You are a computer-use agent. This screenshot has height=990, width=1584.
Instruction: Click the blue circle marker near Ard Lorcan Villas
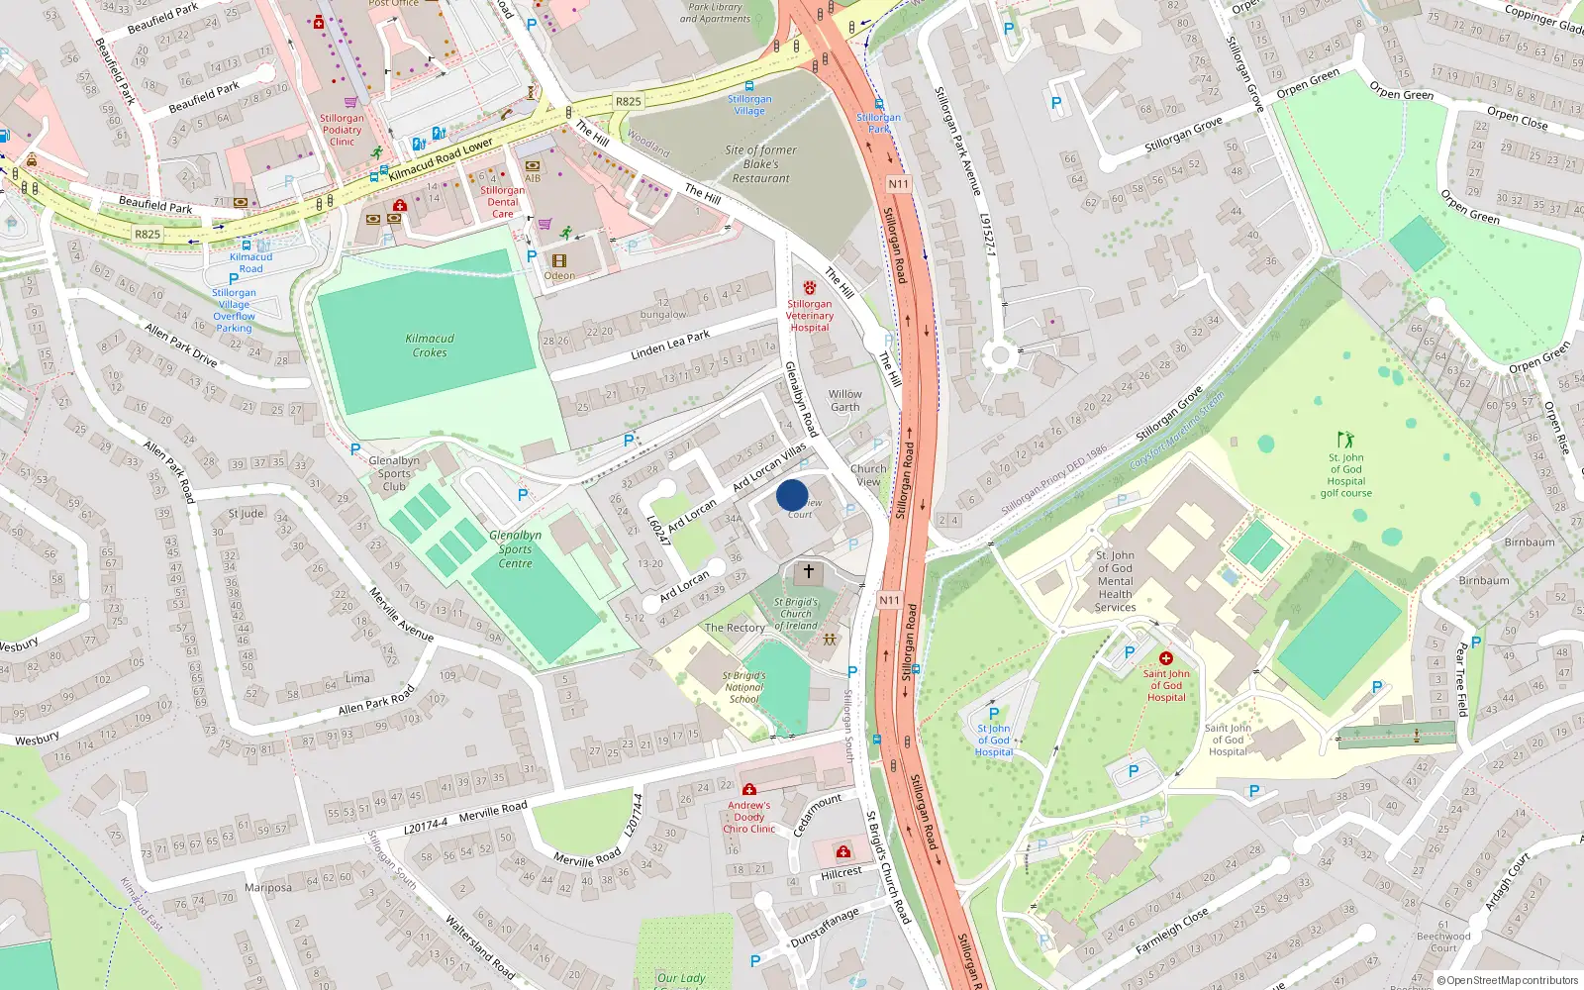(792, 495)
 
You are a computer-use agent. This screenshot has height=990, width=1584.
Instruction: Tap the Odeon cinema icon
(559, 261)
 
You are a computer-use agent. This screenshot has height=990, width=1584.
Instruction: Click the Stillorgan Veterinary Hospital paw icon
(810, 288)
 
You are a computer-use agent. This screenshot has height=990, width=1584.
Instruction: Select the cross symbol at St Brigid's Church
(809, 571)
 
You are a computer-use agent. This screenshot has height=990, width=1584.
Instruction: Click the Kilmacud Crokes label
(430, 346)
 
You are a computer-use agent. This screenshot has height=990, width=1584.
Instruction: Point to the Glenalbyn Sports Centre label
(515, 549)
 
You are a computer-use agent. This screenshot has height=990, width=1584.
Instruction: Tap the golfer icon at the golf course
(1344, 439)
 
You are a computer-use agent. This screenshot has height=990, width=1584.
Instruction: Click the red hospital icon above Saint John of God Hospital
(1166, 658)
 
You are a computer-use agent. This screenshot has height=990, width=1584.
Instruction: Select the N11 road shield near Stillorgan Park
(897, 184)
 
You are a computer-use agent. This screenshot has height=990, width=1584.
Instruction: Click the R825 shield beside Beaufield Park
(147, 235)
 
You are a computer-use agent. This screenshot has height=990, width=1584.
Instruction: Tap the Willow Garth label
(844, 400)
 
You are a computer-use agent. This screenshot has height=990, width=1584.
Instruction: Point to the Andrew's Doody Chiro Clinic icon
(749, 789)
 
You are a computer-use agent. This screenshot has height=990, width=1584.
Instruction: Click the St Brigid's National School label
(743, 687)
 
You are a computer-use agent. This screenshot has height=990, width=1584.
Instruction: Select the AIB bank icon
(533, 165)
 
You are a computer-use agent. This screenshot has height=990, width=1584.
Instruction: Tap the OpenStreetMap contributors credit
(1507, 980)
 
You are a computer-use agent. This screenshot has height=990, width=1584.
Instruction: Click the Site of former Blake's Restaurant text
(760, 164)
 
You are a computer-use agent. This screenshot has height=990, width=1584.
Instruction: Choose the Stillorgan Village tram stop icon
(749, 87)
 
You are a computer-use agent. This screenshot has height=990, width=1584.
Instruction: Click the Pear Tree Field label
(1462, 679)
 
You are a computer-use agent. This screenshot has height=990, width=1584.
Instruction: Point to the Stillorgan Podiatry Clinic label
(342, 130)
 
